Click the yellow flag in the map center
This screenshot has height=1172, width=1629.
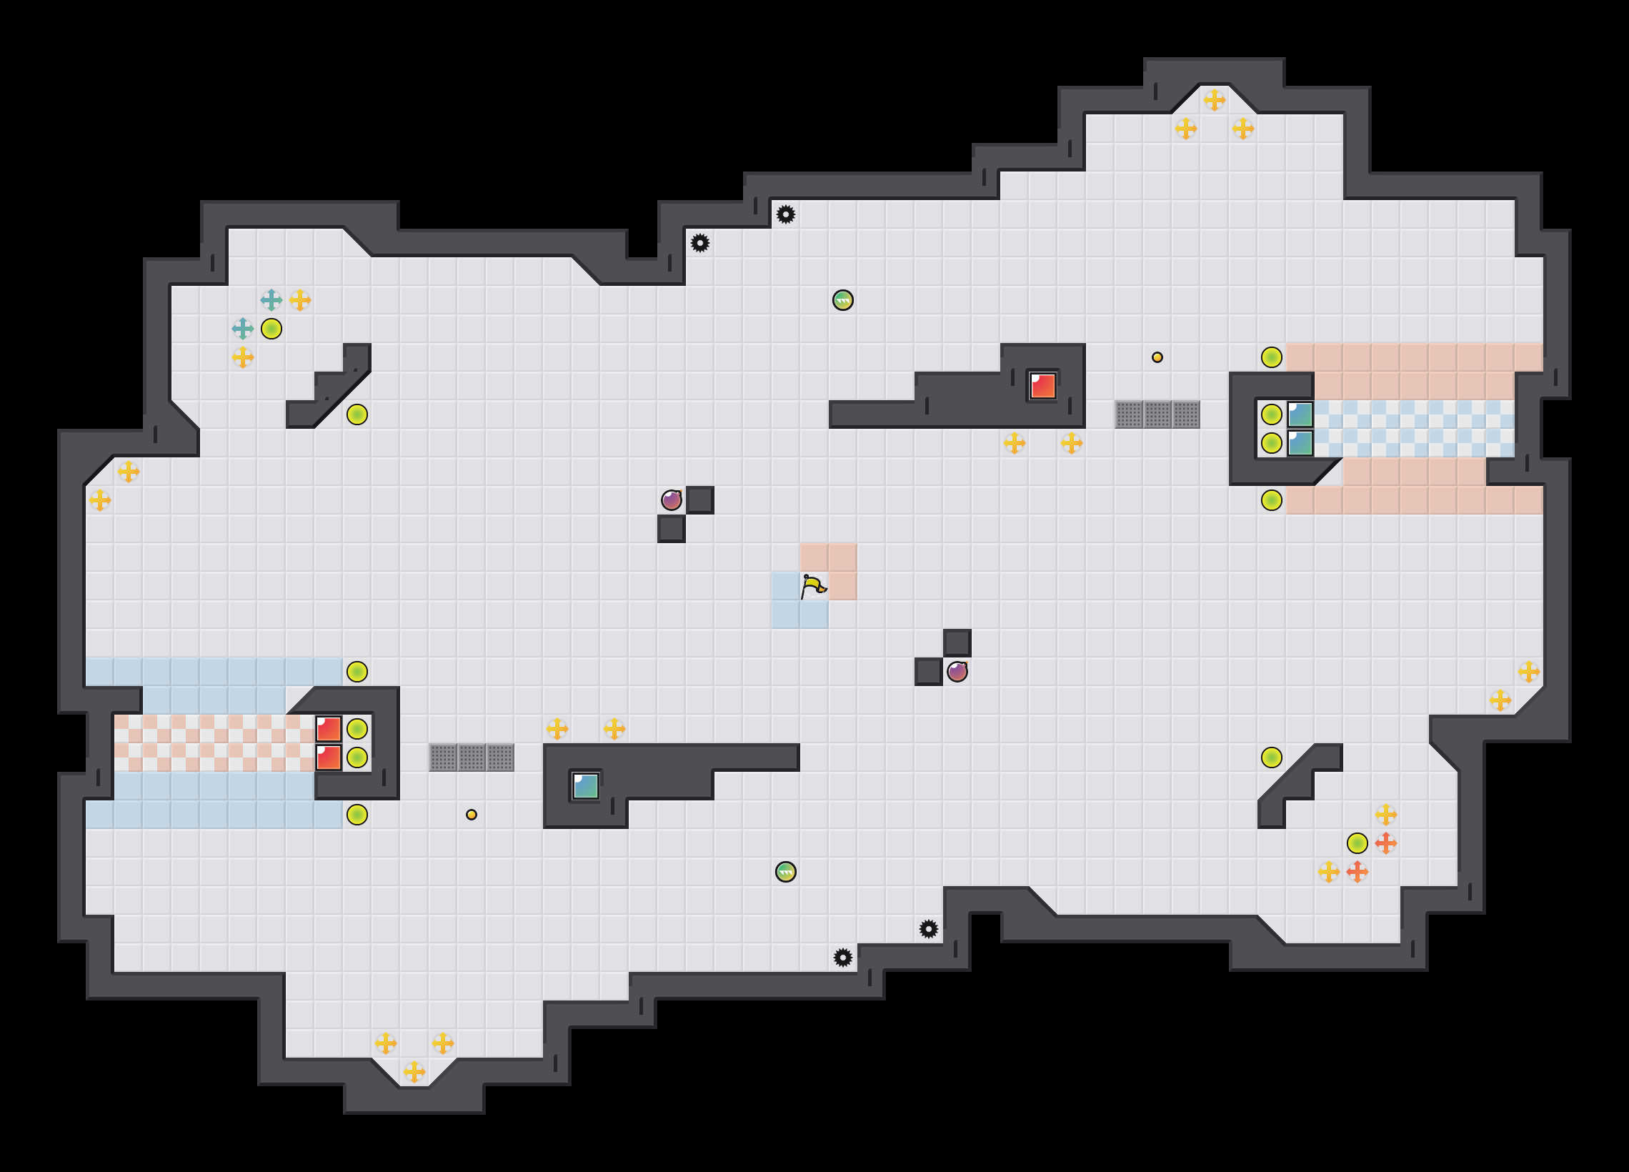[x=813, y=587]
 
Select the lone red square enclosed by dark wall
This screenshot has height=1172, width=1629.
[x=1042, y=386]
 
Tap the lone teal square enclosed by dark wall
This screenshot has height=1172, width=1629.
[x=585, y=785]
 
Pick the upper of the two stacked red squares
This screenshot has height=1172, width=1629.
[x=328, y=729]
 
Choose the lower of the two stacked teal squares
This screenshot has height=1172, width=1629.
[x=1300, y=442]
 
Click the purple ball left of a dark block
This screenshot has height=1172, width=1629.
[x=671, y=500]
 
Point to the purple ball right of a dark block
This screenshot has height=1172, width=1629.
[x=957, y=672]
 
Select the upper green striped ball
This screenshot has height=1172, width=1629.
[x=842, y=299]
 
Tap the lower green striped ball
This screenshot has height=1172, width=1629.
[x=786, y=872]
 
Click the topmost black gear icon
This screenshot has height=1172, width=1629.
[x=786, y=214]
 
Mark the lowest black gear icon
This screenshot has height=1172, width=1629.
[x=842, y=957]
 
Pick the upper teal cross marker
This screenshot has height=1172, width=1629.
[x=271, y=299]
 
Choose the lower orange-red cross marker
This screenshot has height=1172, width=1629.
[x=1357, y=872]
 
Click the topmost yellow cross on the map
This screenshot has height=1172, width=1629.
[x=1214, y=100]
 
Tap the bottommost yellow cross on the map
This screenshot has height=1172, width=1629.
[x=414, y=1071]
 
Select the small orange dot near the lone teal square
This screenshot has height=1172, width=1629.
[x=471, y=814]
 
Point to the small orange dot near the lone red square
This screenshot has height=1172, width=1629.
[x=1157, y=357]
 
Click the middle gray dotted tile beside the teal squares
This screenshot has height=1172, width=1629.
[x=1157, y=414]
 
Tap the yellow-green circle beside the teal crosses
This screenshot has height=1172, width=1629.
[x=271, y=329]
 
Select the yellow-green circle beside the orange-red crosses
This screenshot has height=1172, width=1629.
[x=1357, y=843]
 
